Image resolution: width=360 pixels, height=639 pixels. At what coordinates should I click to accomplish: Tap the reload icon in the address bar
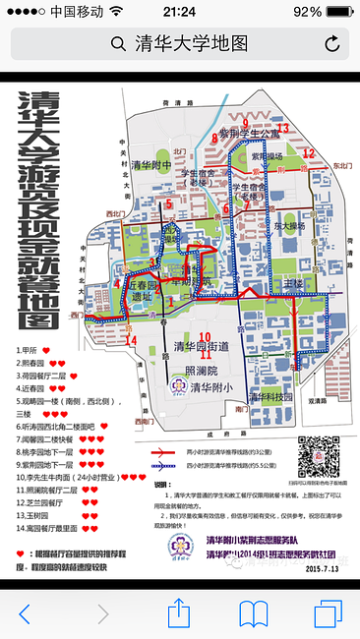[331, 43]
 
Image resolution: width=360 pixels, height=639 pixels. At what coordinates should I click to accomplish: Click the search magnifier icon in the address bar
[118, 43]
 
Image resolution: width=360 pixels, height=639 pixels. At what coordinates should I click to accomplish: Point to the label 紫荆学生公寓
[250, 133]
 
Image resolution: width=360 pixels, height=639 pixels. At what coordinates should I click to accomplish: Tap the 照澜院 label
[201, 371]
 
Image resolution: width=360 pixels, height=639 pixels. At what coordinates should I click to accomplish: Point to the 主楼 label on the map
[293, 283]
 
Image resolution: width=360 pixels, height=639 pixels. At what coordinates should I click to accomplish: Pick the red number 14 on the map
[131, 340]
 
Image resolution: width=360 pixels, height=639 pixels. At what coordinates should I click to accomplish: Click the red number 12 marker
[308, 152]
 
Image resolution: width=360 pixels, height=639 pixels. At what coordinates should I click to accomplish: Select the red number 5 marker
[169, 203]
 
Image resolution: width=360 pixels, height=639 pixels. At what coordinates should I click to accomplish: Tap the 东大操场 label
[289, 226]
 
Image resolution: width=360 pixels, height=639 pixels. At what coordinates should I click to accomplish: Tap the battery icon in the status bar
[338, 11]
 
